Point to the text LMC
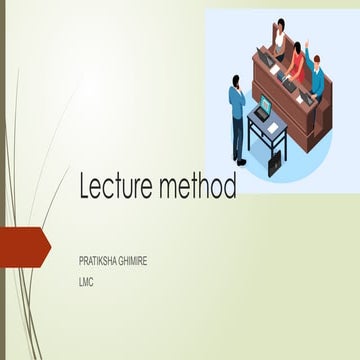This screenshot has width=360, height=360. tap(86, 281)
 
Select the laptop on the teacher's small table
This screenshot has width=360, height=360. tap(263, 105)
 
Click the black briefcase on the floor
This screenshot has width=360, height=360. tap(274, 162)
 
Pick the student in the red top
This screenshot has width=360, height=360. tap(296, 62)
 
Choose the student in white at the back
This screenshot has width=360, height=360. tap(279, 37)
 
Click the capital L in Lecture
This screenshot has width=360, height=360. tap(85, 187)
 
